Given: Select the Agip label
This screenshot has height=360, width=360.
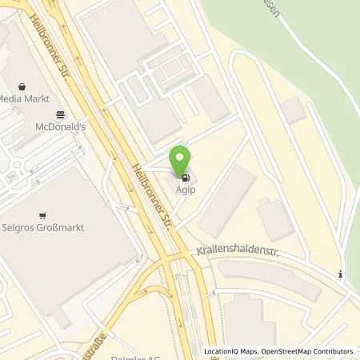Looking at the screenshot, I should coord(186,190).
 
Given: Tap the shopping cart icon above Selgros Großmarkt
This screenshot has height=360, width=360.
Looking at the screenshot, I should coord(42,215).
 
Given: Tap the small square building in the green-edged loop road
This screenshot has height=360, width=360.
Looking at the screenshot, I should coord(293,111).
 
